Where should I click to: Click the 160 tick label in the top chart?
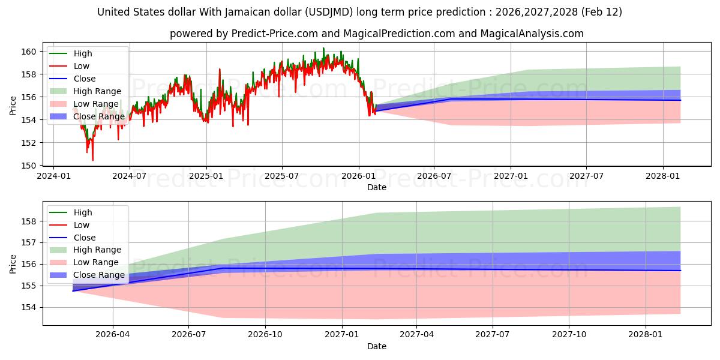(30, 52)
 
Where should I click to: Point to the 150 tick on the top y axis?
(30, 166)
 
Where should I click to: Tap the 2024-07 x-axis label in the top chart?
(130, 176)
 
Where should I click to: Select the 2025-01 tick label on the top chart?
(206, 176)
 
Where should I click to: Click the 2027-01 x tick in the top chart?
(511, 176)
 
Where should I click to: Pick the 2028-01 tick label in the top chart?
(663, 176)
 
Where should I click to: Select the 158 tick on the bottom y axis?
(30, 221)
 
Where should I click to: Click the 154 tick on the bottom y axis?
(30, 307)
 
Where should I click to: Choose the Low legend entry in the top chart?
(82, 66)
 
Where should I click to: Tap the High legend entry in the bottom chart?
(83, 212)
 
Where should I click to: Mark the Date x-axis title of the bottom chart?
(377, 346)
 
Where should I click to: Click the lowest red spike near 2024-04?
(92, 160)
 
